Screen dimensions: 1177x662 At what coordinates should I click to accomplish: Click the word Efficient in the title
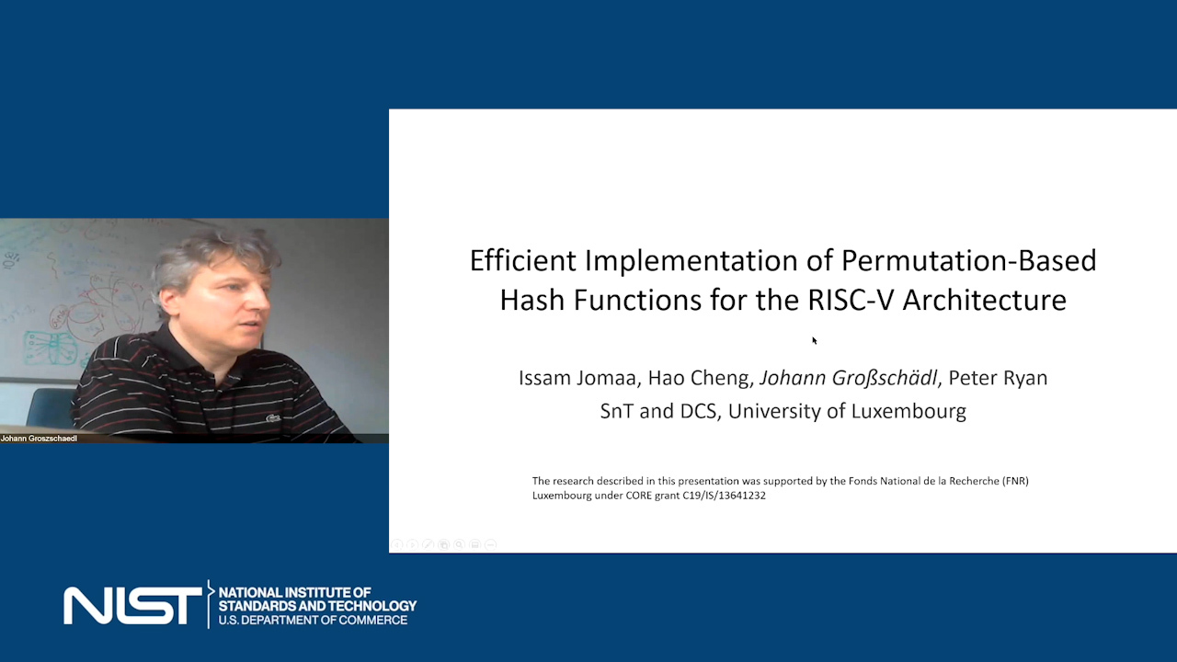523,260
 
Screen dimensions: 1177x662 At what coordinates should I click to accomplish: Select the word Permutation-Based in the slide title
969,260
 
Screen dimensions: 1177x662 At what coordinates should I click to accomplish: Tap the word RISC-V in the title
851,301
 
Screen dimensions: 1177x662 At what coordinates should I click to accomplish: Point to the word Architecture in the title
985,301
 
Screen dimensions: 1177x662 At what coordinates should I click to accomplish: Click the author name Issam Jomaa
577,378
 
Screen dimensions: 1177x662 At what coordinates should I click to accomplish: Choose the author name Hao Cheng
698,378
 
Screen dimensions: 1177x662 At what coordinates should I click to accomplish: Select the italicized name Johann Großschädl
849,378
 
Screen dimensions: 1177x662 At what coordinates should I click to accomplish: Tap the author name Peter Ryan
998,378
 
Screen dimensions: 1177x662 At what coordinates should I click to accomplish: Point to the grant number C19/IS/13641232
724,496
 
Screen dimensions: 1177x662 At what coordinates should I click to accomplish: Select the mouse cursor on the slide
815,340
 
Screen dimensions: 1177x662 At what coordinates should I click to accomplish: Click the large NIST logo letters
133,606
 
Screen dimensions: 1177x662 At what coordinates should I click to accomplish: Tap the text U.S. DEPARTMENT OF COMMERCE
313,621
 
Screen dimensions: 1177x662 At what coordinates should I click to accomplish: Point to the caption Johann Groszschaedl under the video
39,439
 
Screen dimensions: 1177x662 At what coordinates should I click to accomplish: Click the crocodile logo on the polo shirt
273,418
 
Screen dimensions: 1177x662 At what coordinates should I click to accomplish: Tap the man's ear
170,302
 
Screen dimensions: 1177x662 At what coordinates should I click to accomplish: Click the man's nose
259,299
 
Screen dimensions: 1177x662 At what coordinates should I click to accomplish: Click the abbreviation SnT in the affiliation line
616,411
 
